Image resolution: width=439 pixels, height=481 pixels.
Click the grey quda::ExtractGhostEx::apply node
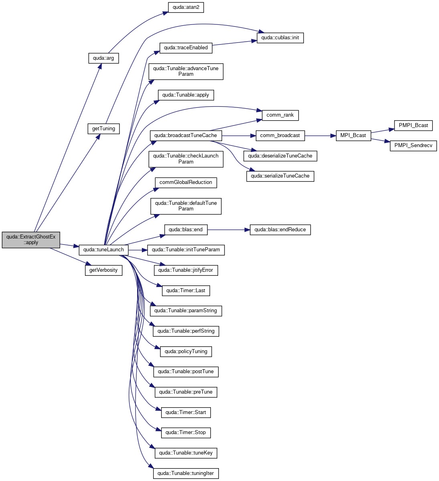(x=31, y=240)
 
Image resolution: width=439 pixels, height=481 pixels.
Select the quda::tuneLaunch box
(x=103, y=250)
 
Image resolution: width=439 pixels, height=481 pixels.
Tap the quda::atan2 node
(x=186, y=8)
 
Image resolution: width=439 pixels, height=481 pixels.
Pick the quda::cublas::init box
(x=280, y=38)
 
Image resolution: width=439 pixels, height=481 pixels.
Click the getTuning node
(x=103, y=129)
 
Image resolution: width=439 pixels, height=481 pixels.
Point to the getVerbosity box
(x=103, y=270)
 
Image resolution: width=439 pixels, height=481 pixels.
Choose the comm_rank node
(x=280, y=115)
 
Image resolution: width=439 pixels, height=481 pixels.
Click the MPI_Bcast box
(x=353, y=136)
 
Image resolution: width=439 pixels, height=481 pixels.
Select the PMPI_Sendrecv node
(x=413, y=146)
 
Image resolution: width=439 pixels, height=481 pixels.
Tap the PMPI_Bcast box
(x=413, y=125)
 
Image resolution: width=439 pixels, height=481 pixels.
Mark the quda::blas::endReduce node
(x=280, y=230)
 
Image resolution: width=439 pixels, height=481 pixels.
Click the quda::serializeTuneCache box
(x=280, y=176)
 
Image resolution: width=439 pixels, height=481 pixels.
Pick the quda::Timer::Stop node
(x=186, y=433)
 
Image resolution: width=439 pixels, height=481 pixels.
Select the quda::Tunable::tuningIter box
(x=186, y=473)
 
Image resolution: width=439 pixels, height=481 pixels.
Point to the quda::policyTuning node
(x=186, y=352)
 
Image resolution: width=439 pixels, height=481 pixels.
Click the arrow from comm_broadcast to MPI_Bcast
(x=320, y=136)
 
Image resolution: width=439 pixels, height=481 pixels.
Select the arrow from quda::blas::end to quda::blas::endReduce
(x=229, y=230)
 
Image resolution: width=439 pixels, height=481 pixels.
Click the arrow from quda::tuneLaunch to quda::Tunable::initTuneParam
(x=138, y=250)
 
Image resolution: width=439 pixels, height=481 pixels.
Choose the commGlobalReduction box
(x=186, y=183)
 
